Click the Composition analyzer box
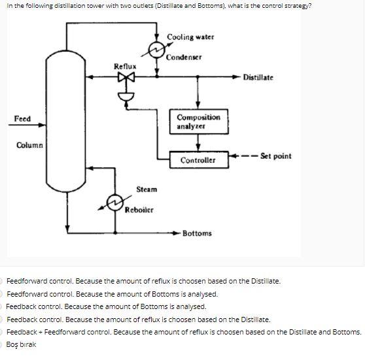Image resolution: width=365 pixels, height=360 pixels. [198, 121]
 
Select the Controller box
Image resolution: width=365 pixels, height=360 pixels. [198, 159]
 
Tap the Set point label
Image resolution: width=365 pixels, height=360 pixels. [275, 156]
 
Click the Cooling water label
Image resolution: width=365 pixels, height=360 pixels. [190, 37]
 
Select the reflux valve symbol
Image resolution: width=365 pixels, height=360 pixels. [124, 78]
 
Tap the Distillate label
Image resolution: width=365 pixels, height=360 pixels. [258, 78]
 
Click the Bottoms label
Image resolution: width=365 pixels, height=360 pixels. [197, 233]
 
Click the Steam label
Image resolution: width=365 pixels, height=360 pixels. [146, 189]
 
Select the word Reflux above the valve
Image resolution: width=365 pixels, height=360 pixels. [124, 66]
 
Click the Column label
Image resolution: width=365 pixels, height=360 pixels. [29, 144]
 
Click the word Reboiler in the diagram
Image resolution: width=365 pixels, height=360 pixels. [139, 210]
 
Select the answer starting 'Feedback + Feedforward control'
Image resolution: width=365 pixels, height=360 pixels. [183, 332]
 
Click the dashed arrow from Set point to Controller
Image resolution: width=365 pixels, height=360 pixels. [242, 157]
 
